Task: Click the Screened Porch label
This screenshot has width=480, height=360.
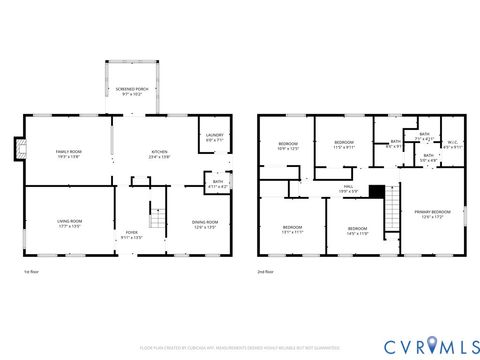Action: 127,91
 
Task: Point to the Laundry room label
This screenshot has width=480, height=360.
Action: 214,137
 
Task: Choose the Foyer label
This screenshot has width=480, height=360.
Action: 132,236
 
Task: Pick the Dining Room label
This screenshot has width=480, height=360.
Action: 205,224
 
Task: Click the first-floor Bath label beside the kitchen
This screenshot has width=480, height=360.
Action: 216,184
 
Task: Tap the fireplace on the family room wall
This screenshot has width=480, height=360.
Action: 15,150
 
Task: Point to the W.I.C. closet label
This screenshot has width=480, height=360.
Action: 452,144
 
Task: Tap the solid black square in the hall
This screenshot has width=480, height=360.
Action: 376,191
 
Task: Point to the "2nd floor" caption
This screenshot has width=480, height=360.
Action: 266,271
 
